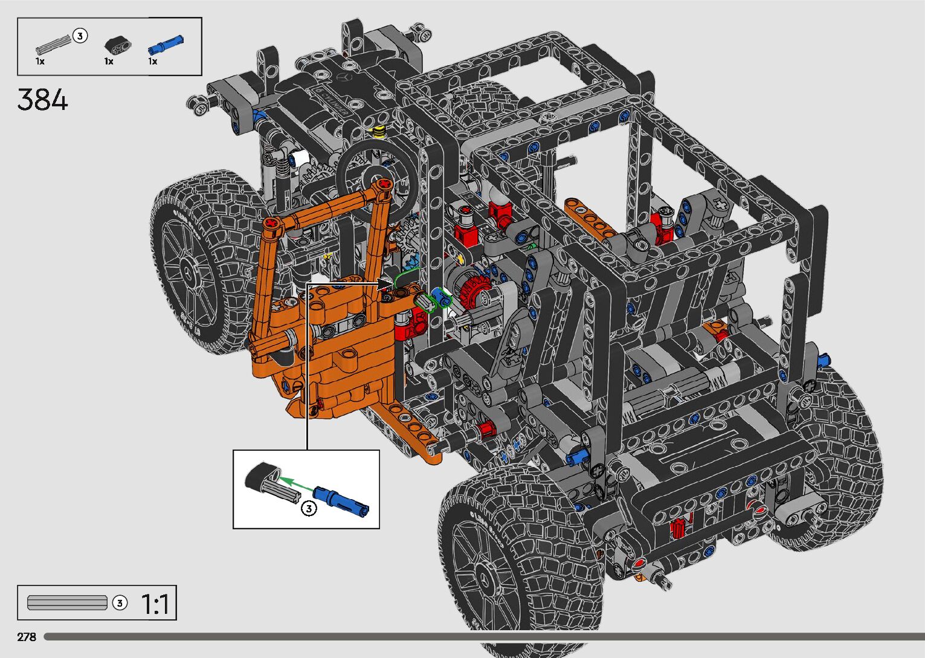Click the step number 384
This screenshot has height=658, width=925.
click(42, 100)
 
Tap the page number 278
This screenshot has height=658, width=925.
click(27, 636)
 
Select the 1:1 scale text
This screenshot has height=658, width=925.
click(155, 604)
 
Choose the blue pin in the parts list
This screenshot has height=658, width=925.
click(165, 45)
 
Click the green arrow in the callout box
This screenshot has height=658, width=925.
click(295, 484)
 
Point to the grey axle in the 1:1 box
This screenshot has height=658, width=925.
click(67, 602)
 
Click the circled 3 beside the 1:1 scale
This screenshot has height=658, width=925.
click(120, 603)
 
